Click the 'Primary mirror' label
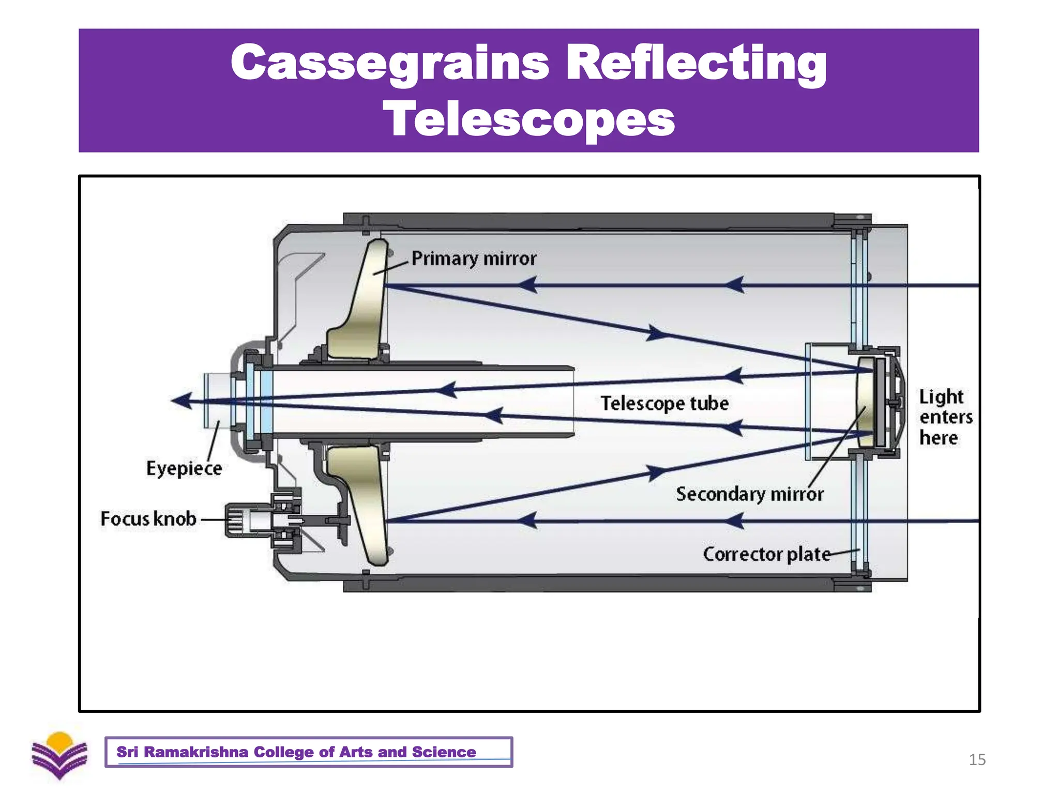(474, 258)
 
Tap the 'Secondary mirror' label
(749, 494)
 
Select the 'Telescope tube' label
(664, 403)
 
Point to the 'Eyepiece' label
(184, 468)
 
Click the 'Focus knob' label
(148, 519)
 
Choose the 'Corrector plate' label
(766, 554)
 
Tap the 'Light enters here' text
(945, 417)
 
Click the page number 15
(977, 759)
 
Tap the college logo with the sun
(59, 755)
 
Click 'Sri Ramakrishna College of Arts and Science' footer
(296, 752)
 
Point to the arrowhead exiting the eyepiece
(181, 401)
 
